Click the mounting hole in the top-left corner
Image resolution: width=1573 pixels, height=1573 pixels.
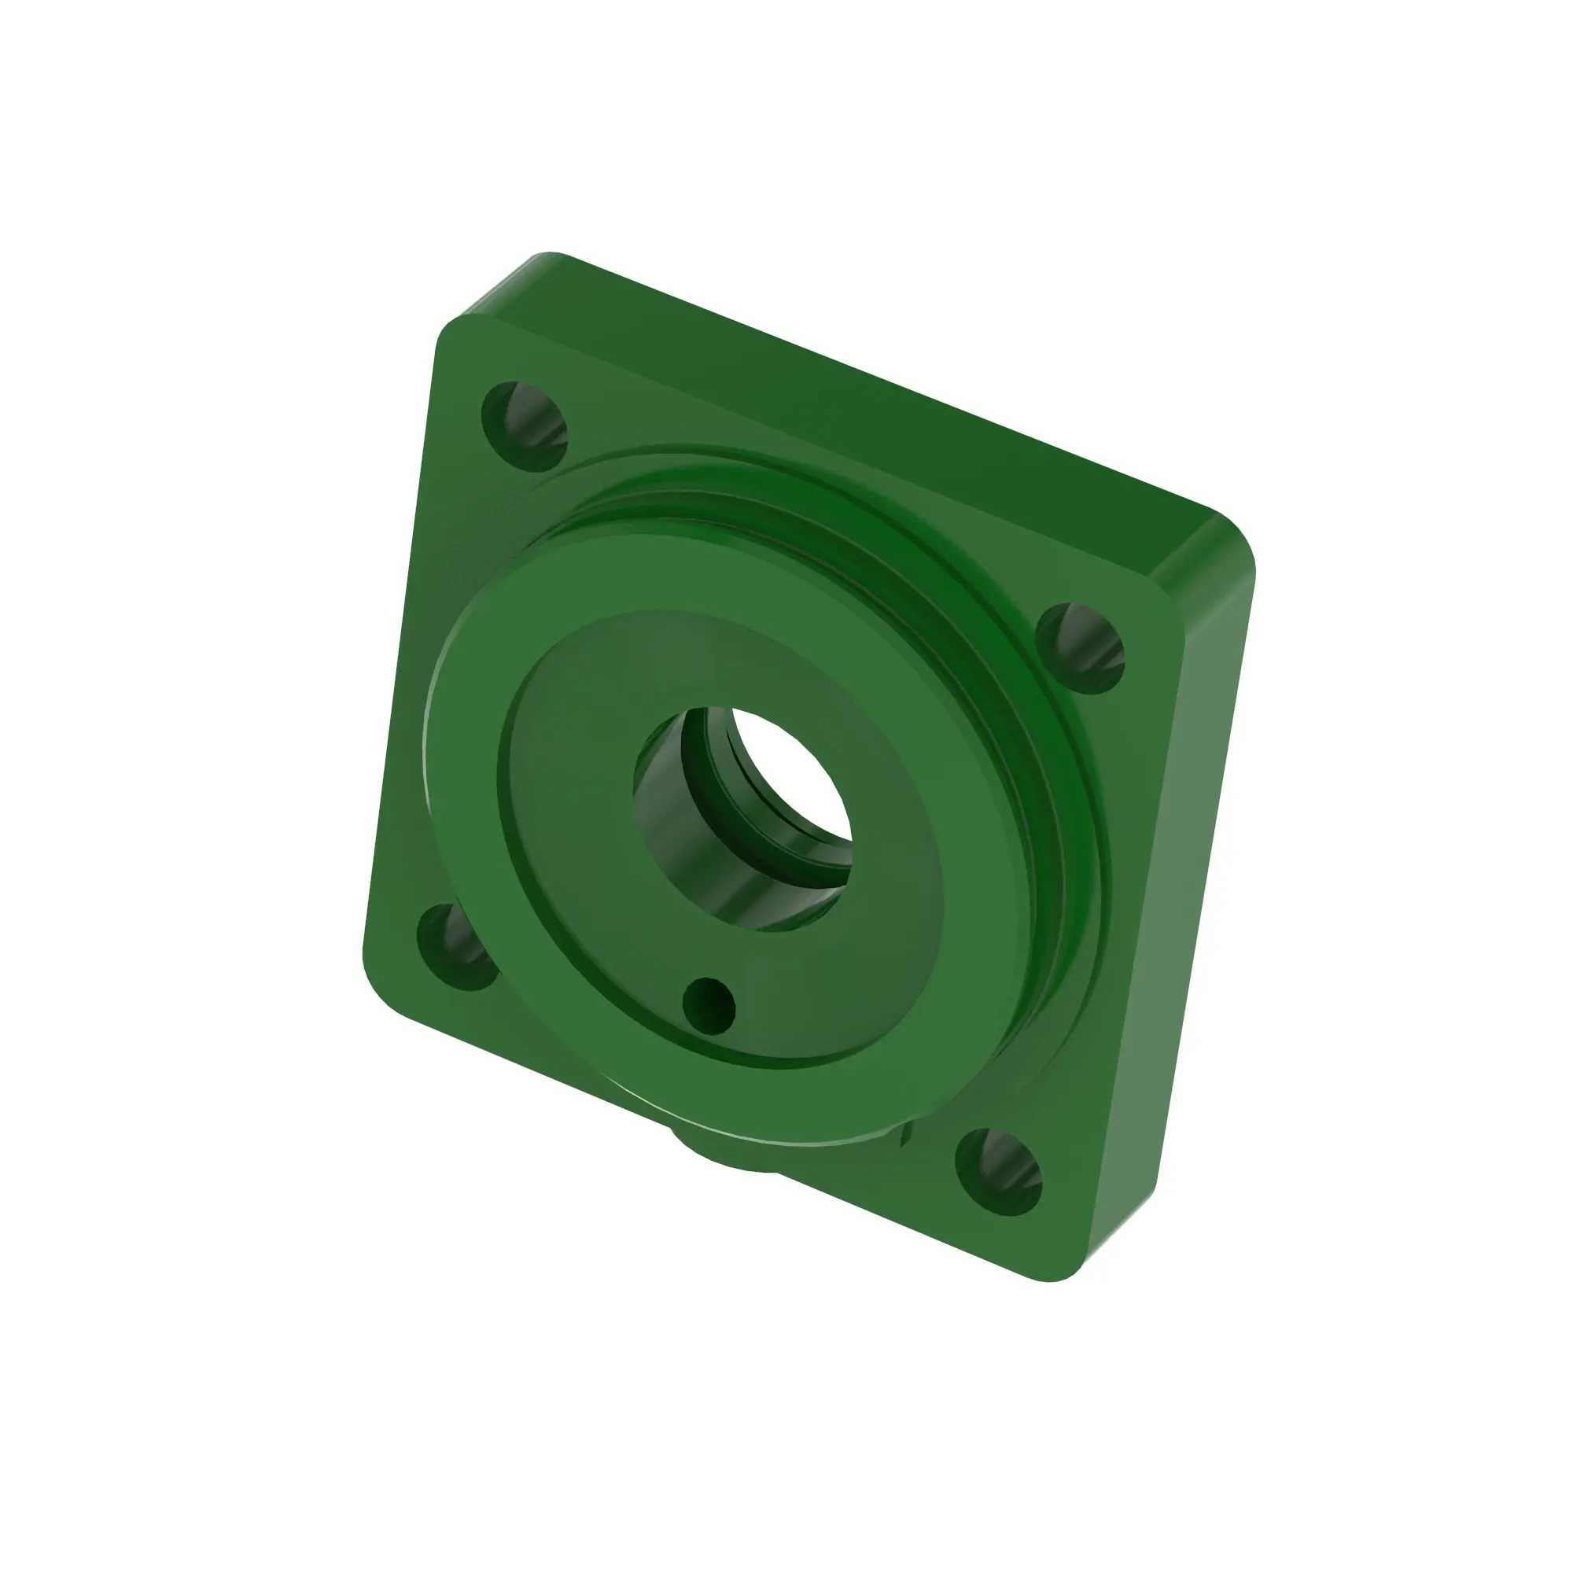tap(524, 425)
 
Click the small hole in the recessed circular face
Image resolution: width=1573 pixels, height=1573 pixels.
tap(708, 1003)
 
